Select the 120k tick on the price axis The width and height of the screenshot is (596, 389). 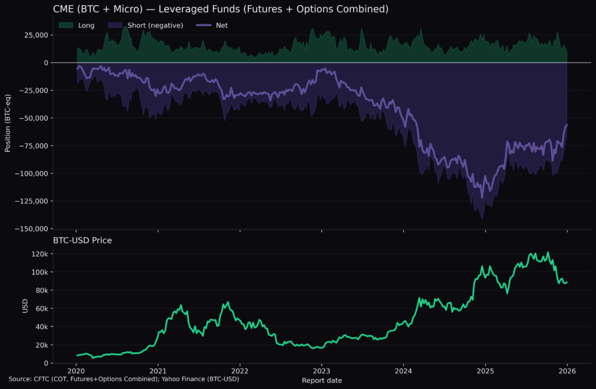click(40, 254)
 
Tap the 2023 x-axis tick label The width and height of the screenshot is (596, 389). click(322, 371)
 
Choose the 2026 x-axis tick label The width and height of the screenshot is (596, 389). click(567, 371)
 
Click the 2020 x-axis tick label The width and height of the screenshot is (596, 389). click(76, 371)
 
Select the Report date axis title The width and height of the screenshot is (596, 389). click(322, 380)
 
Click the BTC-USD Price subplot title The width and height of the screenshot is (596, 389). click(83, 240)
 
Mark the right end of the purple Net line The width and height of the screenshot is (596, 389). click(567, 125)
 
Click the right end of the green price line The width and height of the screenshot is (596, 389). click(567, 282)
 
